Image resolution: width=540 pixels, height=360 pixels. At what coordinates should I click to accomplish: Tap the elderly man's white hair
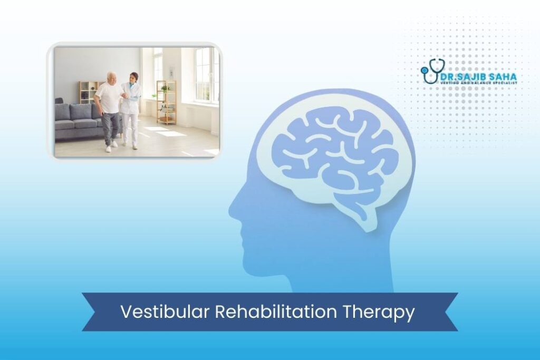111,75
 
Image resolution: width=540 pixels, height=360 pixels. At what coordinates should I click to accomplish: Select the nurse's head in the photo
134,77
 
